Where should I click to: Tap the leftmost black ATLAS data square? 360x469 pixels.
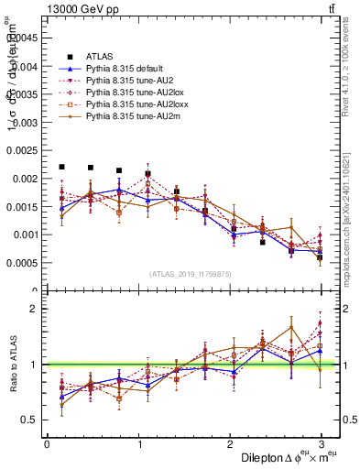tap(61, 167)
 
